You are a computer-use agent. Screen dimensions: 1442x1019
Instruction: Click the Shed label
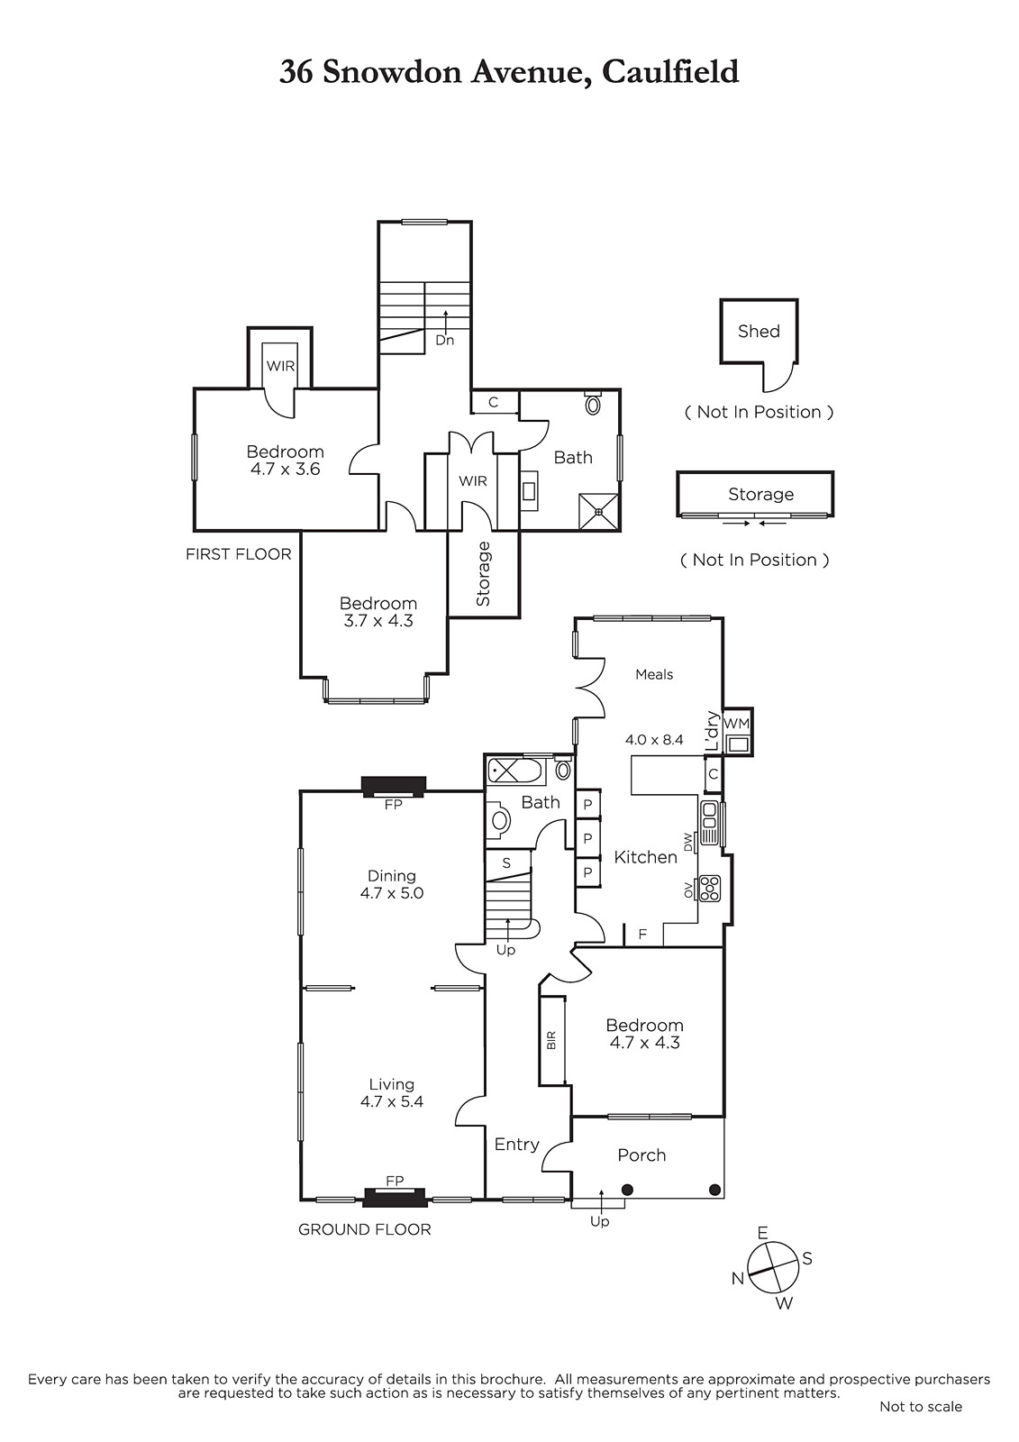(x=759, y=332)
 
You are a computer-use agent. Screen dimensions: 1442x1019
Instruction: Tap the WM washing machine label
(x=736, y=724)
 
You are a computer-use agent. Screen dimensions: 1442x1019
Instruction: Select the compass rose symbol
(x=773, y=1266)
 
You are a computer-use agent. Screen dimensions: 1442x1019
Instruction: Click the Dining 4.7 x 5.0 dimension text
(x=392, y=893)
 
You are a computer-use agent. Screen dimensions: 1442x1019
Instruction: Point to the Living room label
(x=391, y=1084)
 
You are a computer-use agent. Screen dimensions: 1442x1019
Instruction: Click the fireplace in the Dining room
(x=393, y=787)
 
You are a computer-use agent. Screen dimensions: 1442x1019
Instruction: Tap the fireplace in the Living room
(x=394, y=1197)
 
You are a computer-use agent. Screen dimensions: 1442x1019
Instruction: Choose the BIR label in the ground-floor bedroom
(x=551, y=1040)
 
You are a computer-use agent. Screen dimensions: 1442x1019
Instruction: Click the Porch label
(x=641, y=1155)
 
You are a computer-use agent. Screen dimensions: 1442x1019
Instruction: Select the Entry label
(x=516, y=1145)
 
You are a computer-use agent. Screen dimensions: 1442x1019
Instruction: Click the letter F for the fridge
(x=642, y=935)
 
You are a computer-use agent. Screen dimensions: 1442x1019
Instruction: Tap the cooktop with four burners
(x=710, y=889)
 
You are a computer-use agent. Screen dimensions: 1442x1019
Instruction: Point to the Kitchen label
(x=645, y=857)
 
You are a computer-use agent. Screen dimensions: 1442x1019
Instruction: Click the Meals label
(x=654, y=674)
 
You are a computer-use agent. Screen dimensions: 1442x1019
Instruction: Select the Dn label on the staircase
(x=444, y=341)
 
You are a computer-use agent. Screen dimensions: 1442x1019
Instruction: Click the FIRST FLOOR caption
(x=239, y=554)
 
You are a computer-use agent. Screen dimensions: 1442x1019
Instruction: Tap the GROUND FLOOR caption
(x=364, y=1229)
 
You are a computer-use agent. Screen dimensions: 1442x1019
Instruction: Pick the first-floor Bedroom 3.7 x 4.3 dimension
(x=378, y=621)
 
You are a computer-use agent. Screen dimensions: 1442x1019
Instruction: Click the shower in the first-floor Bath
(x=598, y=511)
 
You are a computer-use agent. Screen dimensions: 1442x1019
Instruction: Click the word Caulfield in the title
(x=670, y=71)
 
